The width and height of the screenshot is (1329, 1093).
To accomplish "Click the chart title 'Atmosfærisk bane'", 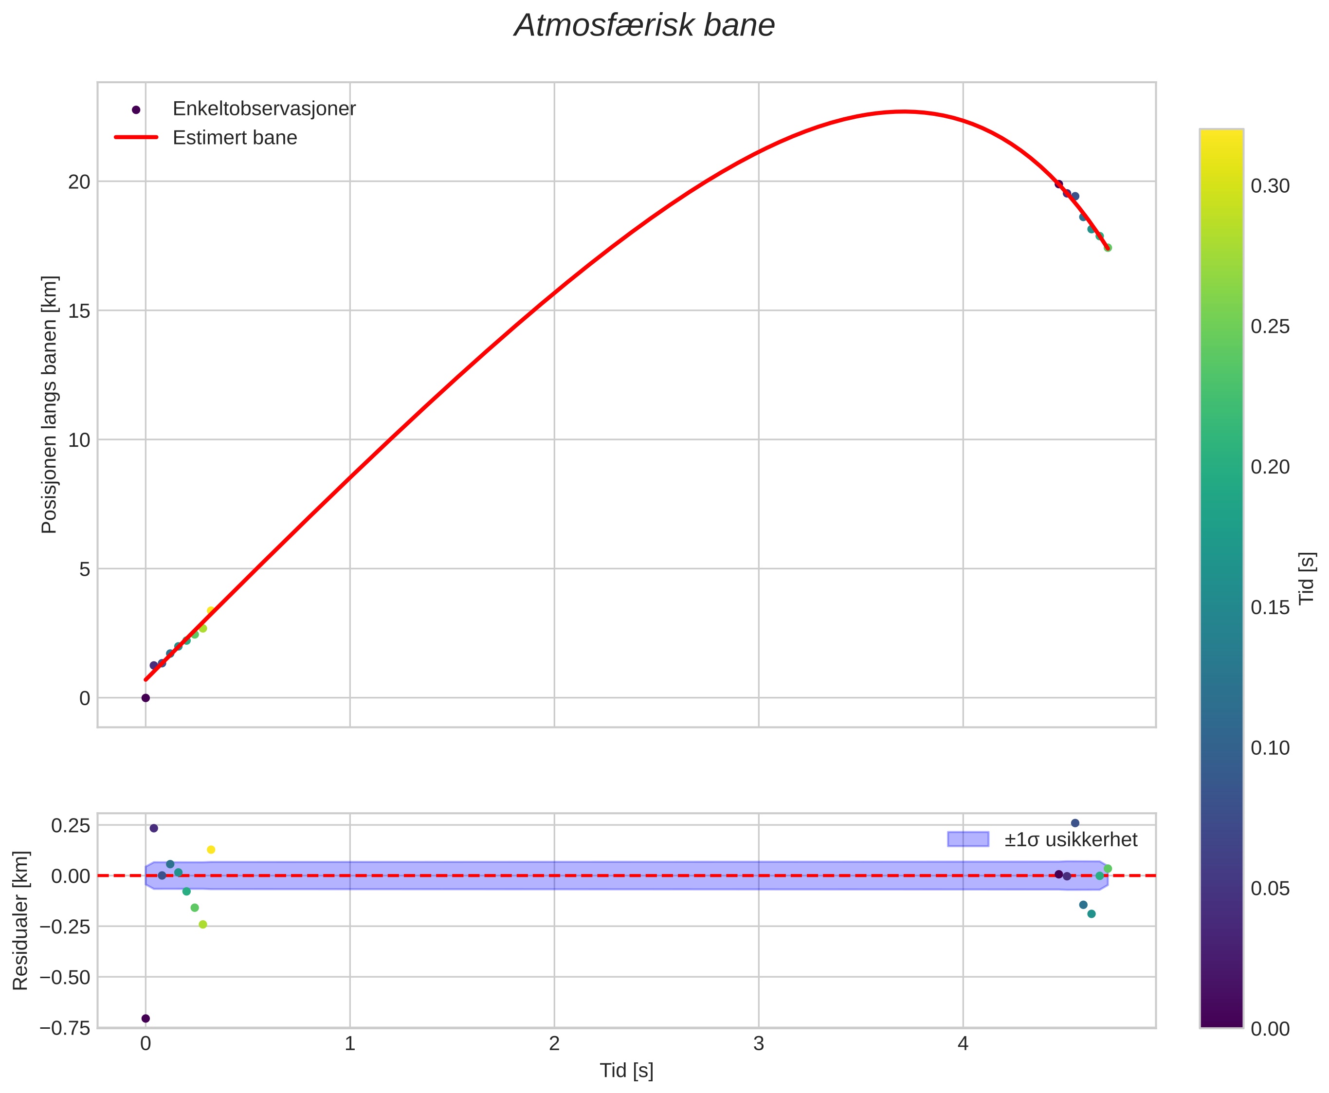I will point(644,26).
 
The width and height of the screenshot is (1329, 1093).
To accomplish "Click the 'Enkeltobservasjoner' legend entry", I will point(264,109).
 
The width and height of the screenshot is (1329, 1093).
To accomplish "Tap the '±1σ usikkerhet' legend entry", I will point(1070,840).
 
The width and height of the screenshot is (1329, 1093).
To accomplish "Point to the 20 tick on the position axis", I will point(79,182).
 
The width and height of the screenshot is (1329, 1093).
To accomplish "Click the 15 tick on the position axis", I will point(79,311).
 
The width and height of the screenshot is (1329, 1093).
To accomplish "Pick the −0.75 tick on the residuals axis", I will point(65,1029).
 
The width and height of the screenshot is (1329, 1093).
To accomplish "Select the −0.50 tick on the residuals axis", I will point(65,978).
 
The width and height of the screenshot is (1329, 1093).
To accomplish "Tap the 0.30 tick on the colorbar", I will point(1269,186).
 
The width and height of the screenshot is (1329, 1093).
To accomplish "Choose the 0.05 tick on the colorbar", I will point(1269,889).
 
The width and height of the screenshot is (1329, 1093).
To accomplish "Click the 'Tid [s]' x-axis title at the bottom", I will point(626,1071).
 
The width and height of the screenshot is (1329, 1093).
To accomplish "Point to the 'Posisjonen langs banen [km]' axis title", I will point(49,404).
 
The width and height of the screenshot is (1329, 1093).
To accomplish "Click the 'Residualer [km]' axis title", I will point(21,921).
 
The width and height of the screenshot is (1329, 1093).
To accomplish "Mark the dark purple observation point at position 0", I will point(146,698).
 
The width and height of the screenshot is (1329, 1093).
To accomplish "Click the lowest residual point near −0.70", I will point(146,1019).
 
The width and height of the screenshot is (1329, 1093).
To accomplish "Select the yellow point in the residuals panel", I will point(211,850).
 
